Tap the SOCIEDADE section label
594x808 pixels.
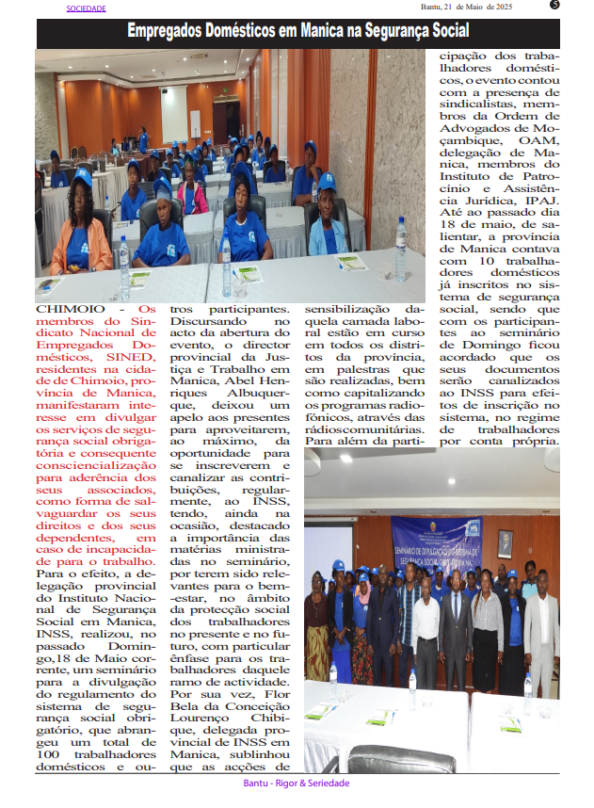coord(86,8)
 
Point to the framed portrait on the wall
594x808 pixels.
coord(506,543)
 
